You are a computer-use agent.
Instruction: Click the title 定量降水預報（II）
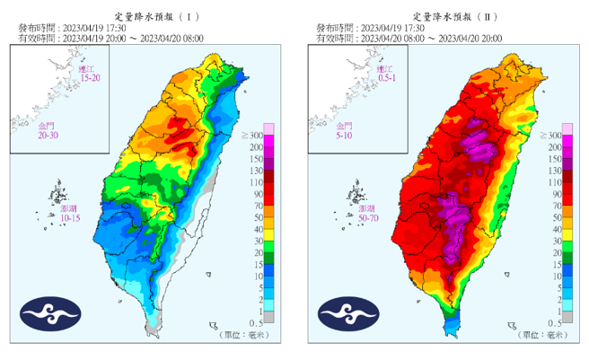[x=446, y=16]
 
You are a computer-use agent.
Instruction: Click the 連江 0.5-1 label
[x=386, y=74]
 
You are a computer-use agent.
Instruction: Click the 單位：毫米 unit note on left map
[x=242, y=333]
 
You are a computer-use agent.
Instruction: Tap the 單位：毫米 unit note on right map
[x=540, y=333]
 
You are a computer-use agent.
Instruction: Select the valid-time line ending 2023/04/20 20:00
[x=409, y=38]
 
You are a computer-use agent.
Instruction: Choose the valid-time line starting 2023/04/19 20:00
[x=111, y=38]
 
